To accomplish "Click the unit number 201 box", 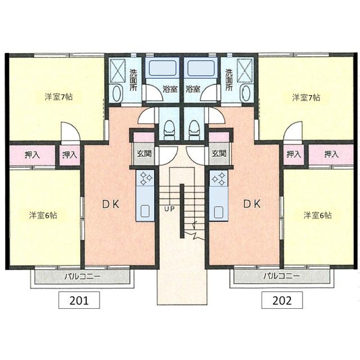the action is click(79, 300).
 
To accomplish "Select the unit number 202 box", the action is click(282, 300).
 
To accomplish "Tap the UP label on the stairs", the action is click(169, 209).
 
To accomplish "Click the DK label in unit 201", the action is click(111, 204).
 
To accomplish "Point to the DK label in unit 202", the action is click(252, 204).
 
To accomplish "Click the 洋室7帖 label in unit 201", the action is click(58, 97).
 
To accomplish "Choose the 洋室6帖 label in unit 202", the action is click(317, 215).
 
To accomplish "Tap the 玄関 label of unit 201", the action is click(144, 154).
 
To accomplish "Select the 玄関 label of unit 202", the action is click(219, 153).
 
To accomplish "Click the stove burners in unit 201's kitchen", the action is click(145, 178).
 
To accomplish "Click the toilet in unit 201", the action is click(169, 130).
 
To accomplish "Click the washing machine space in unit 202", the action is click(245, 70).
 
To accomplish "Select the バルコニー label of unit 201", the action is click(82, 276).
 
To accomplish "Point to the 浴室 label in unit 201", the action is click(170, 89).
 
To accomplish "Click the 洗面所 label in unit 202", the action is click(229, 80).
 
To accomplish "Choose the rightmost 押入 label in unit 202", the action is click(331, 154).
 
